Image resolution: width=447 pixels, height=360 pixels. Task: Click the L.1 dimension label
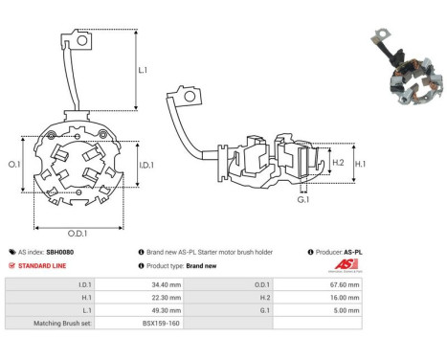click(x=143, y=70)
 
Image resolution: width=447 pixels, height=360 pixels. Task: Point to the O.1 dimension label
click(x=14, y=165)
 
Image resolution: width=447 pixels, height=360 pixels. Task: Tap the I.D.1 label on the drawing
click(x=146, y=165)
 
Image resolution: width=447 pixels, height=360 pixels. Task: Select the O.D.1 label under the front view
click(x=78, y=234)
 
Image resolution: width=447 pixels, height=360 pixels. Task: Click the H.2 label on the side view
click(x=338, y=163)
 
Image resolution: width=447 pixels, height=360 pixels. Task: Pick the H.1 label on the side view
click(x=361, y=164)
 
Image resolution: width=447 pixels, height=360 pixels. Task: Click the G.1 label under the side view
click(x=303, y=200)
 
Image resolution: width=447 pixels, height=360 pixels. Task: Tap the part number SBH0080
click(x=60, y=252)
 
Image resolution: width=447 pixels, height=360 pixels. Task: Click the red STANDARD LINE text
click(x=42, y=266)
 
